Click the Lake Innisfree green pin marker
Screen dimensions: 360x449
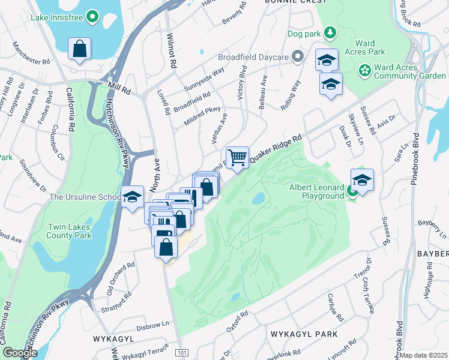pyautogui.click(x=92, y=17)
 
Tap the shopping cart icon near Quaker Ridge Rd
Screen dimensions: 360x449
pyautogui.click(x=238, y=157)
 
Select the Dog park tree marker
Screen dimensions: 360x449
pyautogui.click(x=330, y=31)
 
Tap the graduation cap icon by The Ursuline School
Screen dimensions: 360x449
pyautogui.click(x=132, y=197)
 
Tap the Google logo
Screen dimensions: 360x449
pyautogui.click(x=20, y=353)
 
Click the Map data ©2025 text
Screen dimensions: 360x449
pyautogui.click(x=423, y=355)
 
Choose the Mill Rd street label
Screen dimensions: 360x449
pyautogui.click(x=119, y=88)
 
